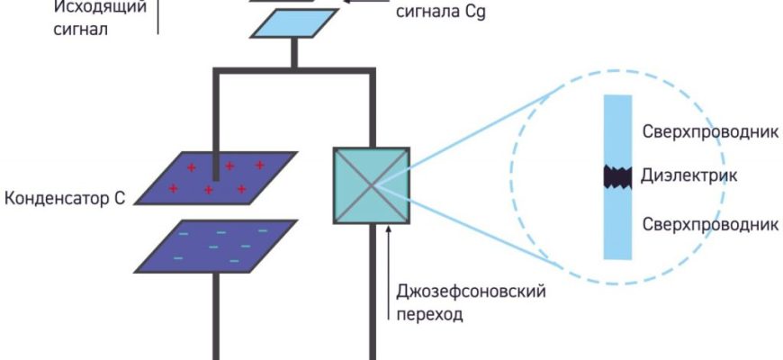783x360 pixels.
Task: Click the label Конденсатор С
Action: coord(64,197)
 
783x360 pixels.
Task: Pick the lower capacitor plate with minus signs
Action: coord(217,245)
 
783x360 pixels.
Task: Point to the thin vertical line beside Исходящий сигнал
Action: coord(157,16)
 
